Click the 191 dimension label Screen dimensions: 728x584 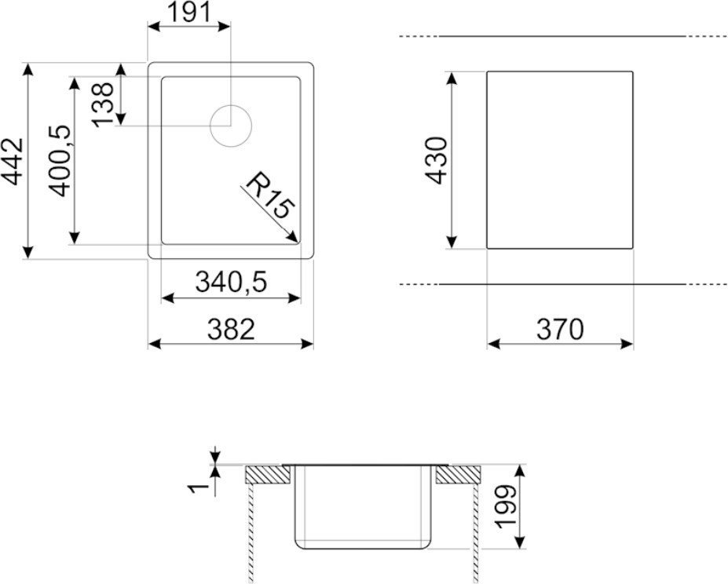(188, 12)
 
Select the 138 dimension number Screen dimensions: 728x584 (103, 104)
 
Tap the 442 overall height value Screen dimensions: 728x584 (12, 161)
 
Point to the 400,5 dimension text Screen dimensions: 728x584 (60, 161)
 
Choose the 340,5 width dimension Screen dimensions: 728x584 (231, 282)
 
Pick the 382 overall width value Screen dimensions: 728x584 (231, 329)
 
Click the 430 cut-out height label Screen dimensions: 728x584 (436, 160)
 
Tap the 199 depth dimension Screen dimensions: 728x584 (505, 506)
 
